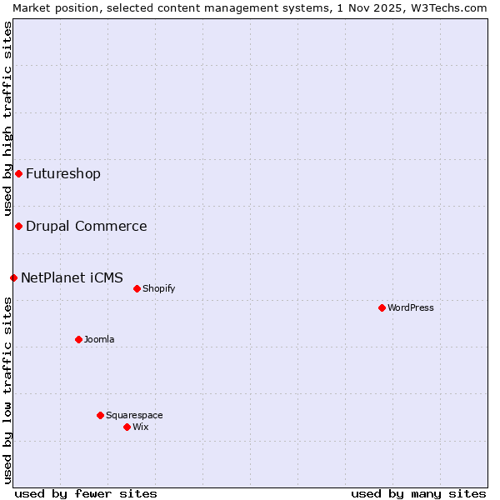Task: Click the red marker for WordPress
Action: point(382,307)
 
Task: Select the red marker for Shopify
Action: point(137,288)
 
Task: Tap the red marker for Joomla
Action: point(78,339)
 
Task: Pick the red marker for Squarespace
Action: point(100,415)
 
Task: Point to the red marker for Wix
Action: point(127,427)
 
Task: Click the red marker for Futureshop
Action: point(18,173)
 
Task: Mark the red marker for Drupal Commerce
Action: point(18,226)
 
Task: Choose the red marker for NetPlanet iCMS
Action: point(13,277)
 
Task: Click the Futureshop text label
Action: point(63,174)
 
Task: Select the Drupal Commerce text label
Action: point(87,227)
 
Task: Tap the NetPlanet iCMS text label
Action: point(72,278)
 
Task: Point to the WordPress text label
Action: point(411,308)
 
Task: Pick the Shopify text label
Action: point(159,289)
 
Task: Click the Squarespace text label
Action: point(134,416)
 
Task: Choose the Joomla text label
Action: point(99,340)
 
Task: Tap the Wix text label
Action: point(141,427)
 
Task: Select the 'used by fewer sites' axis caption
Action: point(86,494)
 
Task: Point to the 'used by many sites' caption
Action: point(418,494)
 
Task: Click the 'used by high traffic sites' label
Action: point(7,118)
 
